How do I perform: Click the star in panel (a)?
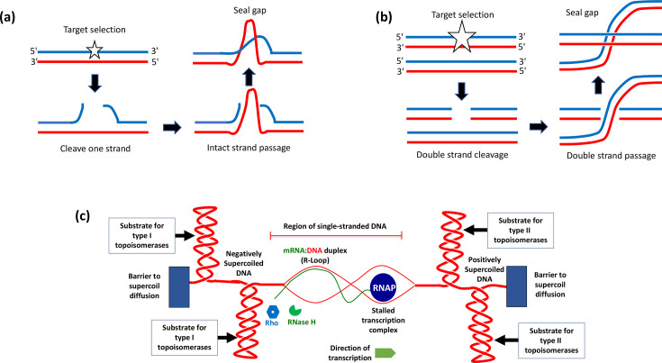(95, 50)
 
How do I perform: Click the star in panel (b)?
(461, 37)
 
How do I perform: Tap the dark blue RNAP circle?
(384, 288)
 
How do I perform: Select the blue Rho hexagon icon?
(273, 312)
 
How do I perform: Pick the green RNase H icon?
(295, 310)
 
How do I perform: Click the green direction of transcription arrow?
(385, 353)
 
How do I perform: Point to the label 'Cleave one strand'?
(95, 149)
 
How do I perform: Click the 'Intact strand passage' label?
(249, 148)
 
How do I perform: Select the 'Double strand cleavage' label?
(462, 155)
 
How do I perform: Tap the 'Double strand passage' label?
(611, 156)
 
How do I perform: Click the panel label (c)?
(82, 216)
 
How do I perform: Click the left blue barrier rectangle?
(179, 286)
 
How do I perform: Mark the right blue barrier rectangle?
(516, 286)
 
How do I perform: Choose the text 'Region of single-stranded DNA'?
(335, 226)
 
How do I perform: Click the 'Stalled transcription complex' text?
(383, 320)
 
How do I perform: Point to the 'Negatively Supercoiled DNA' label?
(243, 263)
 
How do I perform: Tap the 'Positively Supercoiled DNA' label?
(485, 269)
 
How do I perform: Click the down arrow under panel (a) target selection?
(95, 84)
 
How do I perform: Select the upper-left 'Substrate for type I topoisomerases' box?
(142, 235)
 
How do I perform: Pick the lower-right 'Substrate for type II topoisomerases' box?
(551, 340)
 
